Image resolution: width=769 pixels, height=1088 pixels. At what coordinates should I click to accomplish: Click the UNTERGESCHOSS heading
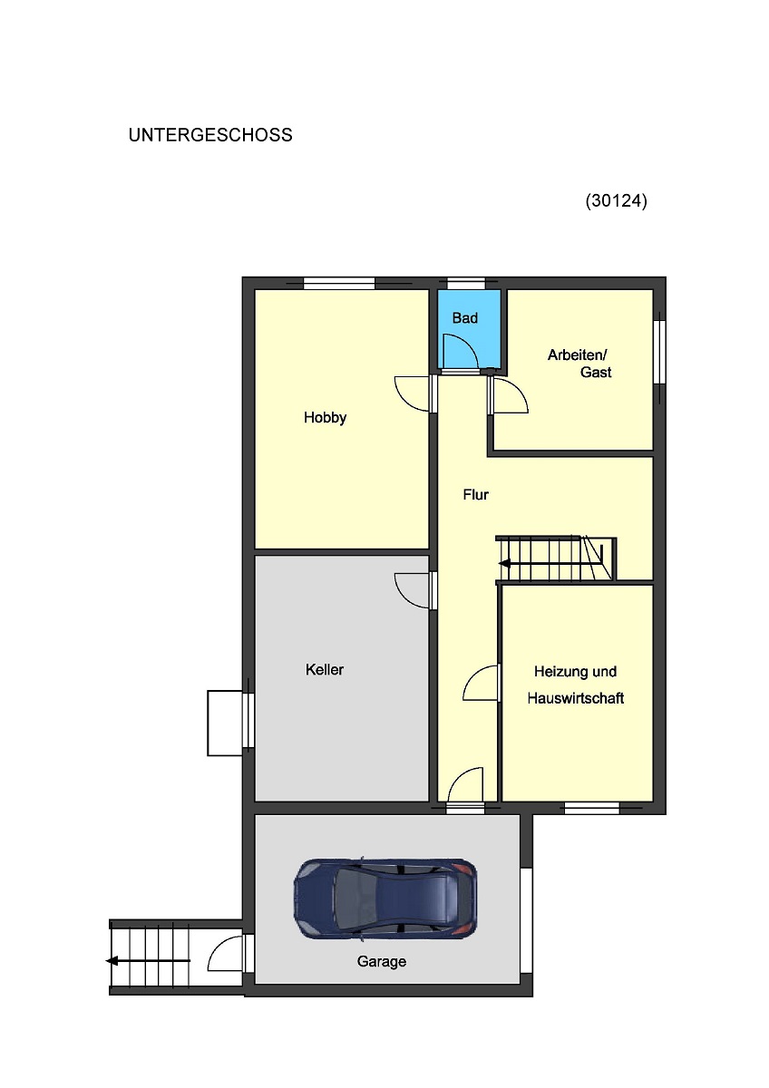(x=210, y=135)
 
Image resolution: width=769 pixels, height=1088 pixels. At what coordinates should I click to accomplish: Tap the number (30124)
(x=616, y=200)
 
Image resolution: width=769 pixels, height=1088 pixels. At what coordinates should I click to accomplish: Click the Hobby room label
(x=325, y=417)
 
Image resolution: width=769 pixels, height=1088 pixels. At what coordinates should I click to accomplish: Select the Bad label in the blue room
(x=465, y=318)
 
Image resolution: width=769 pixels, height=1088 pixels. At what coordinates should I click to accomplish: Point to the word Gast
(x=596, y=373)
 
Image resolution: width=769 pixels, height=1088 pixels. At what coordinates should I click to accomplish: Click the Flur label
(x=475, y=494)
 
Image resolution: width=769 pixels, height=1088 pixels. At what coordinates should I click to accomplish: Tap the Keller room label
(x=325, y=670)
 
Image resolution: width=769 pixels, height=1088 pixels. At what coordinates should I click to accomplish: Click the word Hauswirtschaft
(x=576, y=698)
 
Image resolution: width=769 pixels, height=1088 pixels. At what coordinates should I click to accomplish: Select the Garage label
(x=382, y=961)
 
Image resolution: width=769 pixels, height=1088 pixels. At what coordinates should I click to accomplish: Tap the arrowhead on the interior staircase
(x=504, y=564)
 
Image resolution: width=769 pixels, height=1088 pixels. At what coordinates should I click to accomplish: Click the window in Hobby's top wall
(x=339, y=283)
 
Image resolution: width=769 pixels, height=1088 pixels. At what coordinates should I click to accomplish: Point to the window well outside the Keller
(x=225, y=723)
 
